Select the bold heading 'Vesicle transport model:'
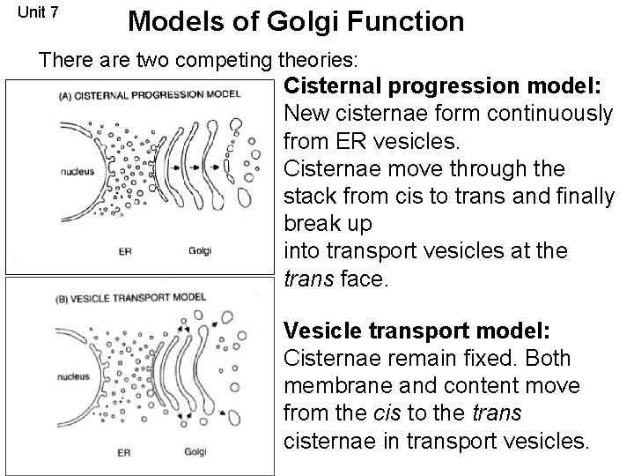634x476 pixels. [x=417, y=331]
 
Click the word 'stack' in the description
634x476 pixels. [x=314, y=196]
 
